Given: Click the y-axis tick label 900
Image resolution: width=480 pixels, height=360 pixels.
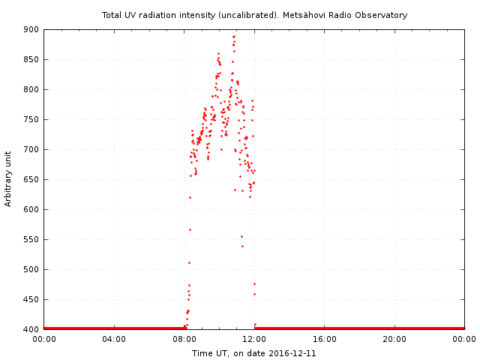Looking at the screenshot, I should coord(31,29).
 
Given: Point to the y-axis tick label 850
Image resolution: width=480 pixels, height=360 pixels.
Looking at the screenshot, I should coord(31,59).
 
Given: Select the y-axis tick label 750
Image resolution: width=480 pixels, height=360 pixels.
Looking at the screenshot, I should coord(31,119).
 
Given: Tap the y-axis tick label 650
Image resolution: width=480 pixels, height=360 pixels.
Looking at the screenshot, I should coord(31,179).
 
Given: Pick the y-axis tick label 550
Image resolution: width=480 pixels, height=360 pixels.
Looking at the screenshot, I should coord(31,239).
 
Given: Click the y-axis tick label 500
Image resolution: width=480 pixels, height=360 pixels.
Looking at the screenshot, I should coord(31,269).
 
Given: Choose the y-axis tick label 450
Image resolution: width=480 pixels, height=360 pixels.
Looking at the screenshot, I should coord(31,299).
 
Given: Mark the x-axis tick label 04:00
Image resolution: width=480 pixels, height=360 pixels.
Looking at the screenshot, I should coord(114,339).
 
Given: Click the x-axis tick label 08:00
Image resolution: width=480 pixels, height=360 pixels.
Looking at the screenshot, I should coord(184,339).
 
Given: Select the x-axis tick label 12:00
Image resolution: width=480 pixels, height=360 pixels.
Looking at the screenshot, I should coord(254,339).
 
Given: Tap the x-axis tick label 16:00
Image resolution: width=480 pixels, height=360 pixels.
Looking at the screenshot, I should coord(324,339).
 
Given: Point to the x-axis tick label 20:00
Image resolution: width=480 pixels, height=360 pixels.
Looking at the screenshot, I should coord(394,339).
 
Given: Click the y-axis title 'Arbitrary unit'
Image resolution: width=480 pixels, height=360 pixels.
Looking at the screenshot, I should coord(8,179).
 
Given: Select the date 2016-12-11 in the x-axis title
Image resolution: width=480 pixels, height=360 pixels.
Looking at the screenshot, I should coord(292,353).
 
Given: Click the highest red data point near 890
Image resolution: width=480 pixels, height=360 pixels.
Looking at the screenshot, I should coord(234,36).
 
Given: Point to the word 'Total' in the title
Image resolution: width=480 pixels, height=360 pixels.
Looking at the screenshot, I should coord(112,15).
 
